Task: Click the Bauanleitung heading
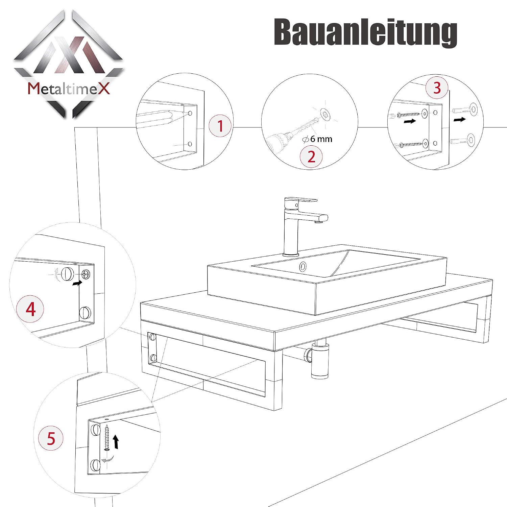(365, 32)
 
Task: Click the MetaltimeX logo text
(69, 89)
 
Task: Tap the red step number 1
(220, 126)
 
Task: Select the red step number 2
(311, 157)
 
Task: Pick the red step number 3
(437, 88)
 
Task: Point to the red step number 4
(30, 309)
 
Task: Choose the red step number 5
(51, 438)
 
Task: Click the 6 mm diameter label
(318, 139)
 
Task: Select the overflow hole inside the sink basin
(303, 267)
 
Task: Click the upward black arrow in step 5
(116, 442)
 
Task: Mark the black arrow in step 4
(77, 283)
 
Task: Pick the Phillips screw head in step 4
(86, 274)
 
